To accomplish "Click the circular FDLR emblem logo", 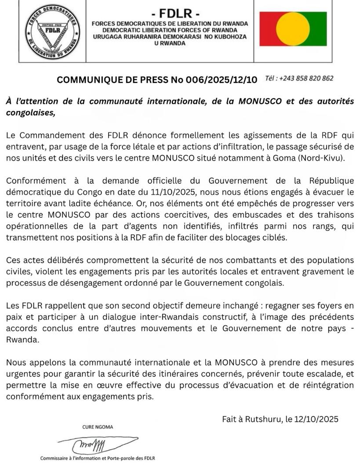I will pos(52,32).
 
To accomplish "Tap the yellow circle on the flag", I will pos(293,29).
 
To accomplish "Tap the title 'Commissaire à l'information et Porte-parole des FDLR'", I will pos(98,458).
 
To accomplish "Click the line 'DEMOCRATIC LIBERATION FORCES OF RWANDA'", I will pos(169,30).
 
